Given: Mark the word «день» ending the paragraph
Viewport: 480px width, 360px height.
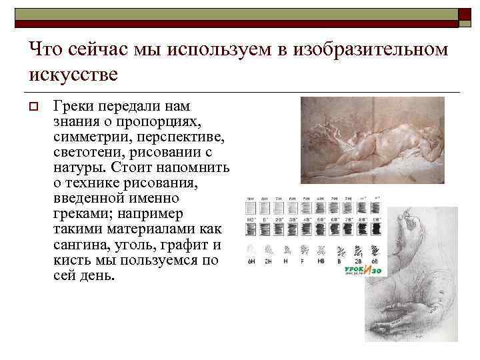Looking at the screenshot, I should (x=97, y=275).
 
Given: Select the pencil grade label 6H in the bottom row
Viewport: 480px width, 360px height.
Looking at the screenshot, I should (x=251, y=261).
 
